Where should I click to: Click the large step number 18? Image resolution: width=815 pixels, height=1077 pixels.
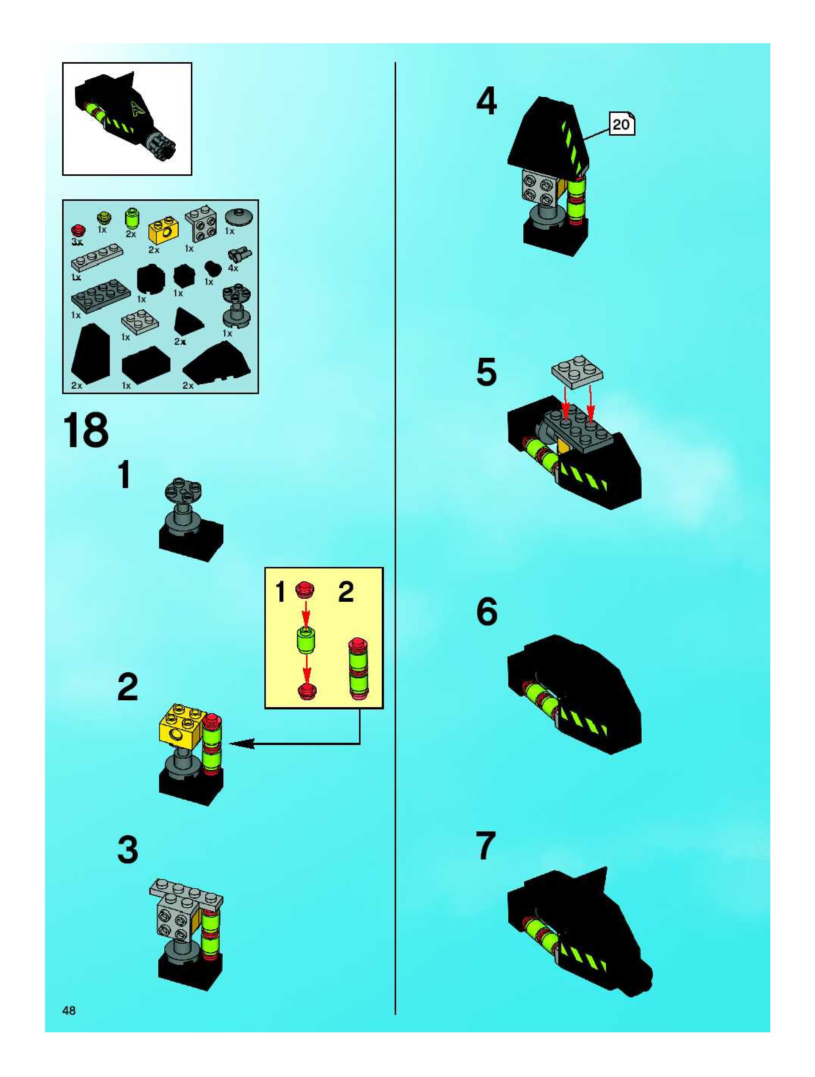pos(86,430)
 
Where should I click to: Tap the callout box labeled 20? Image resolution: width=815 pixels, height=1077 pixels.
pos(621,125)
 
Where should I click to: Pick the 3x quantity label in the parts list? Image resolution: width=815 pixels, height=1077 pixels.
pos(77,241)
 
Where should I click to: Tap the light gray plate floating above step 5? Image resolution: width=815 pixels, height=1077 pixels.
pos(577,371)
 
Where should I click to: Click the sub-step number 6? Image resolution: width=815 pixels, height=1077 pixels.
pos(487,612)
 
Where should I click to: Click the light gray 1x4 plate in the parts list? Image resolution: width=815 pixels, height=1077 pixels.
pos(97,257)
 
